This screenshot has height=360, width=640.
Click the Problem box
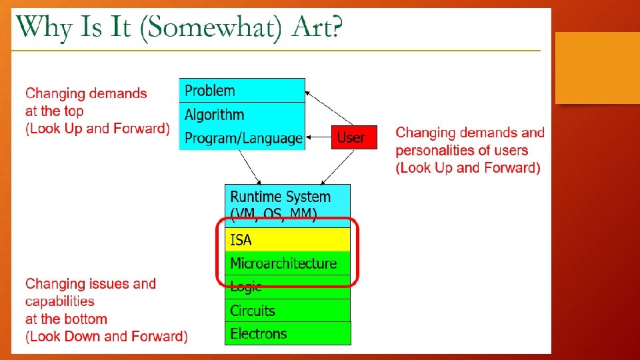pos(242,91)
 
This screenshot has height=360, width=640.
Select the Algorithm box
pos(242,115)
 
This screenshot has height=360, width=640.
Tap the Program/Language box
pos(242,138)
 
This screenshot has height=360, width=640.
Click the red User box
pos(354,137)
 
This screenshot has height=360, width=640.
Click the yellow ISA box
pos(287,239)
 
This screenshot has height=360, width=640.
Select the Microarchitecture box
pos(287,263)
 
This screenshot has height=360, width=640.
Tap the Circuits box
pos(287,310)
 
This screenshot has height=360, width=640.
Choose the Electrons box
pos(287,333)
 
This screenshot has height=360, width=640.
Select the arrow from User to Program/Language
pos(318,138)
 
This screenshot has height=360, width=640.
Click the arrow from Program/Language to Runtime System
pos(251,167)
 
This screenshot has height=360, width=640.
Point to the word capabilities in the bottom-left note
pos(60,301)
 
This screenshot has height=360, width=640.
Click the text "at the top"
pos(55,111)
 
